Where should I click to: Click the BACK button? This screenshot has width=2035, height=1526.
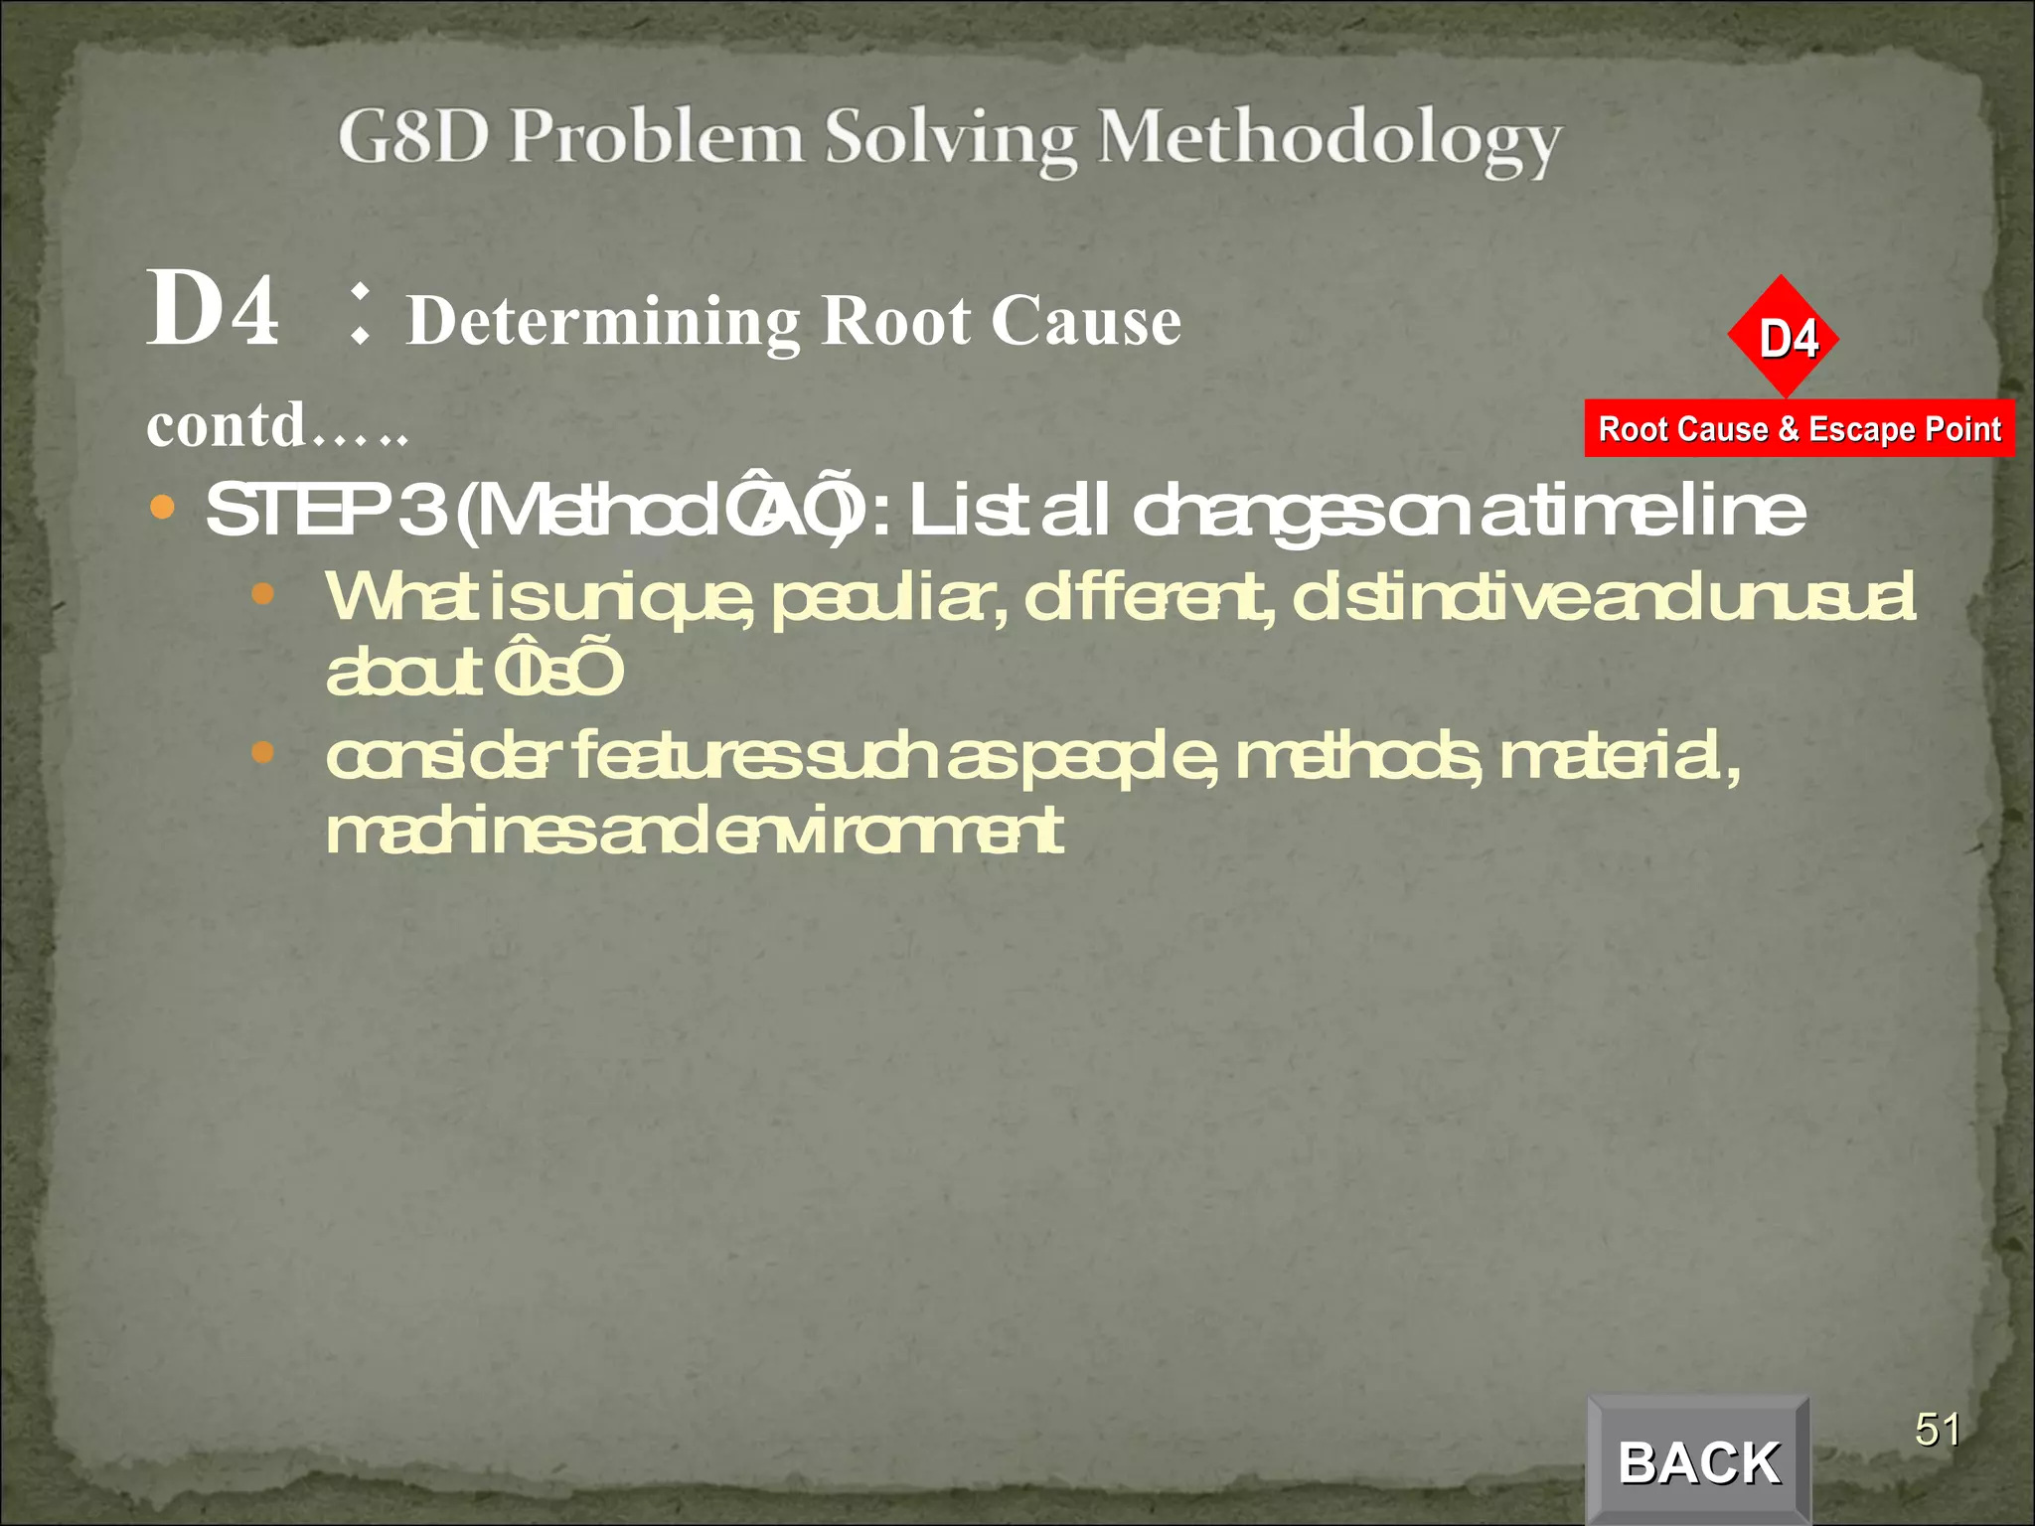pos(1698,1461)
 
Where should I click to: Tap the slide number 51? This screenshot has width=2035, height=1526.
pos(1937,1431)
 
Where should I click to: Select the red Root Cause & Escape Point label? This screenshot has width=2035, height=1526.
pos(1799,429)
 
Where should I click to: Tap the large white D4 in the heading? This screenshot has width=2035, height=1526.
pos(213,310)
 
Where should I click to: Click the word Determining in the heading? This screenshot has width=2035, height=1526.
pos(604,321)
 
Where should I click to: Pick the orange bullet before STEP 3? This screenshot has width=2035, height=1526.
pos(162,509)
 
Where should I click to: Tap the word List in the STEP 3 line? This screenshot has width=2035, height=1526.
pos(967,511)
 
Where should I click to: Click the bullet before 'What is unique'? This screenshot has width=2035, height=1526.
pos(262,594)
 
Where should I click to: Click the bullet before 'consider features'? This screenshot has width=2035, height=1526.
pos(262,752)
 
